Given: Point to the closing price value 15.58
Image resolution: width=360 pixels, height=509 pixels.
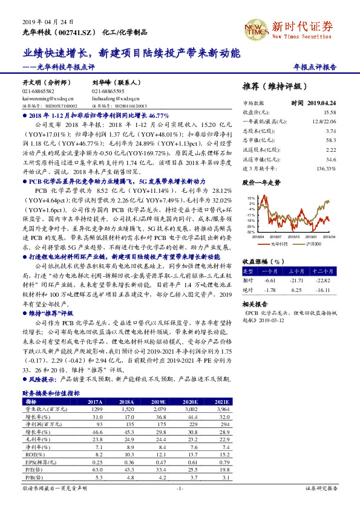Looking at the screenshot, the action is [329, 112].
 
